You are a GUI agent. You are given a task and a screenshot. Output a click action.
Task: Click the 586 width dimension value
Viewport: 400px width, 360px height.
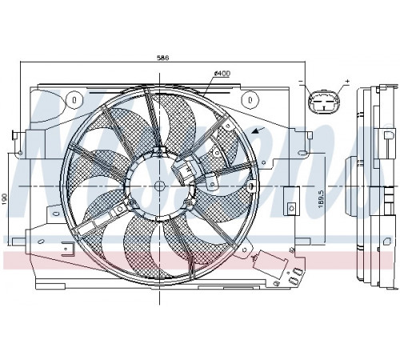coord(162,58)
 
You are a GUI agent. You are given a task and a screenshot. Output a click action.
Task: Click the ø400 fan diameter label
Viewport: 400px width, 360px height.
coord(222,74)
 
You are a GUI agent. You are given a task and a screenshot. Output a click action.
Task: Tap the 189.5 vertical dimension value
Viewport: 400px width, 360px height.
coord(321,199)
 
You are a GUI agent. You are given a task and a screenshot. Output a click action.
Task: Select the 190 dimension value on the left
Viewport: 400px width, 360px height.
coord(6,199)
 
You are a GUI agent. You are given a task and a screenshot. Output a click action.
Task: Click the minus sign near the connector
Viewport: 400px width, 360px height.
coord(302,81)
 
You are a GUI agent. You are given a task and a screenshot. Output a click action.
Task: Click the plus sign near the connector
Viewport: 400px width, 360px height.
coord(347,81)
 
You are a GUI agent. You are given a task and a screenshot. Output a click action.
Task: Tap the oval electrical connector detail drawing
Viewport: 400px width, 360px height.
coord(324,102)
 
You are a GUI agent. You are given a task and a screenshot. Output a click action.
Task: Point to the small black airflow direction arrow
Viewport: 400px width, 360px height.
coord(258,130)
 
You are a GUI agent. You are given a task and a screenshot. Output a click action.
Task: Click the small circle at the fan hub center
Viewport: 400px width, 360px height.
coord(159,186)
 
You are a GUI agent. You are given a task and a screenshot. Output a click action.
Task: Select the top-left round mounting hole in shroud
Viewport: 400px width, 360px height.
coord(74,100)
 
